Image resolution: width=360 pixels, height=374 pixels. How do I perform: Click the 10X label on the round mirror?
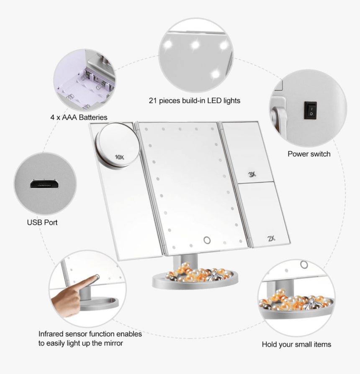(x=120, y=157)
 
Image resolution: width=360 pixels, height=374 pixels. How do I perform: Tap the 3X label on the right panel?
(x=252, y=174)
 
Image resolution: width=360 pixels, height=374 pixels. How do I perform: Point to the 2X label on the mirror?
(x=271, y=239)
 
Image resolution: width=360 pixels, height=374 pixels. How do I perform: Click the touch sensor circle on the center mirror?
(x=207, y=240)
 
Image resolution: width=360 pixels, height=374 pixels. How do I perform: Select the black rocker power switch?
(x=310, y=110)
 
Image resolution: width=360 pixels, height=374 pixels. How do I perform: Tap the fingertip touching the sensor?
(x=96, y=277)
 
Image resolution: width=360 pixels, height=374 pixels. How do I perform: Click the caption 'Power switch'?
(x=309, y=154)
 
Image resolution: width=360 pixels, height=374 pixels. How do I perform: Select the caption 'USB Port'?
(x=42, y=222)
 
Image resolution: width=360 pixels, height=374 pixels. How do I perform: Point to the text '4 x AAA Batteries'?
(x=79, y=117)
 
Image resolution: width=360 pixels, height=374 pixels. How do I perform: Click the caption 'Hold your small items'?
(x=296, y=344)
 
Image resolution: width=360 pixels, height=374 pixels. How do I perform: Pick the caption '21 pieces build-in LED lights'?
(x=195, y=100)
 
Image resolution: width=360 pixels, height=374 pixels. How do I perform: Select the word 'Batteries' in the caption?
(x=93, y=117)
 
